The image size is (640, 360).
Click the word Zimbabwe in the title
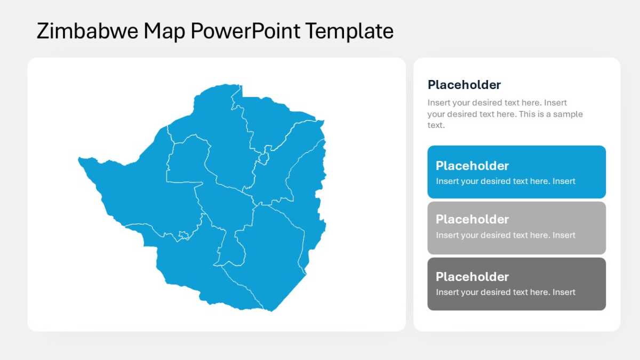(x=87, y=31)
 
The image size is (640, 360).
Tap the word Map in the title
(x=164, y=32)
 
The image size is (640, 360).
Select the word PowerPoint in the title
(x=245, y=31)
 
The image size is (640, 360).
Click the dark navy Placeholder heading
(x=464, y=85)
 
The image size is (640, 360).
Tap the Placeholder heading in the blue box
(x=472, y=166)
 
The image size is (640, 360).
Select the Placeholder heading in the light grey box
(x=472, y=219)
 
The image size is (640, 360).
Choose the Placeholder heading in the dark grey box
(x=472, y=277)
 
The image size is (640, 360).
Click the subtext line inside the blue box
(x=506, y=181)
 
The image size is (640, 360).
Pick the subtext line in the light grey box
(x=506, y=235)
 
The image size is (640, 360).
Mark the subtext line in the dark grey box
(x=506, y=292)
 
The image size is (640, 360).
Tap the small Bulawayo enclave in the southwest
(x=183, y=235)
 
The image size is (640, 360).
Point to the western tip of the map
(x=78, y=158)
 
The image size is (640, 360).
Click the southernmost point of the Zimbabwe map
(x=271, y=311)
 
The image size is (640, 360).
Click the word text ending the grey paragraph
(x=436, y=125)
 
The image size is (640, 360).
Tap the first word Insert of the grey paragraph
(x=438, y=102)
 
